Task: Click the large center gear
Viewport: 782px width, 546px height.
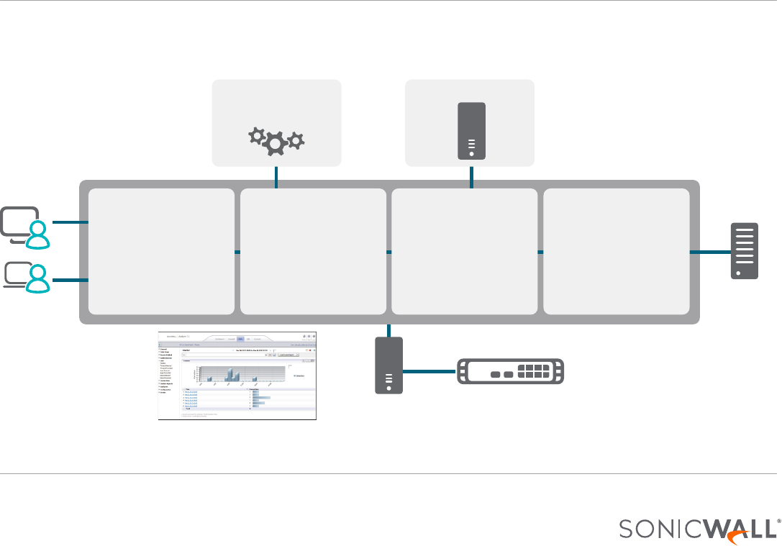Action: coord(275,143)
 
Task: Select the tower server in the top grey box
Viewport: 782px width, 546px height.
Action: coord(471,130)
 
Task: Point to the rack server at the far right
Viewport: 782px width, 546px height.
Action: coord(746,250)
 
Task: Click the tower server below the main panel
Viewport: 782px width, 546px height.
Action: coord(389,365)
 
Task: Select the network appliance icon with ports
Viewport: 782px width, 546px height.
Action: coord(511,372)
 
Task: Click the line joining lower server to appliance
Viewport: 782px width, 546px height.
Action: coord(429,372)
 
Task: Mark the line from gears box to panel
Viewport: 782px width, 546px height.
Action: coord(276,177)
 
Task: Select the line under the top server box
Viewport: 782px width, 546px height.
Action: coord(471,177)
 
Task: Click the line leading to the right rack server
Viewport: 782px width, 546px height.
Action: coord(710,252)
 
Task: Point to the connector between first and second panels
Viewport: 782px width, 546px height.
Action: coord(237,252)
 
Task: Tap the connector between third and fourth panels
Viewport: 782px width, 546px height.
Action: coord(540,252)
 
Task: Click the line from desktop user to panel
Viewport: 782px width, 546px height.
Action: coord(70,223)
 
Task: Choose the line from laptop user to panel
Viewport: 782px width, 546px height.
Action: coord(70,279)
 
